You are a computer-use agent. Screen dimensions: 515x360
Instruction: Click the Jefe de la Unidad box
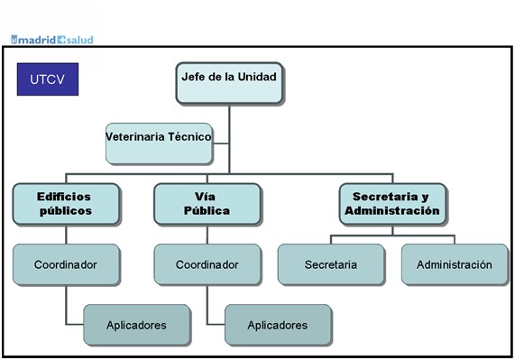click(229, 83)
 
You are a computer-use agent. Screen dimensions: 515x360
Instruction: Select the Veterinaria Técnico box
click(159, 143)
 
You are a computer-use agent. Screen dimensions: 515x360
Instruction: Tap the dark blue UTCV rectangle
click(48, 79)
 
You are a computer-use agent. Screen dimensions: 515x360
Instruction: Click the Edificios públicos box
click(66, 204)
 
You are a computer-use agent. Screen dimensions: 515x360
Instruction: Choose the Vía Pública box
click(207, 204)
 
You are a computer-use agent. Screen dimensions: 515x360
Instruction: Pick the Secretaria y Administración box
click(392, 204)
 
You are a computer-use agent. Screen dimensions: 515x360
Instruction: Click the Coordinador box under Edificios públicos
click(66, 264)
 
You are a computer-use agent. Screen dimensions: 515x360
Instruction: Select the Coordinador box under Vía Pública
click(207, 264)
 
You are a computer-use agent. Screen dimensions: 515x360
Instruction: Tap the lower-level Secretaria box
click(331, 264)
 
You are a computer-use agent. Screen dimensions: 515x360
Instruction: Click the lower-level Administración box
click(455, 264)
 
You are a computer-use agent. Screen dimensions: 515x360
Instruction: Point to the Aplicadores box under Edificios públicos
click(136, 325)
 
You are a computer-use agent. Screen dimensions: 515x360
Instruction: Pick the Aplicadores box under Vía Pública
click(278, 325)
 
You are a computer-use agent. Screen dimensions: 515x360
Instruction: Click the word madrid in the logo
click(37, 40)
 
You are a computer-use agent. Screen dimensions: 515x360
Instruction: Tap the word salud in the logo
click(79, 40)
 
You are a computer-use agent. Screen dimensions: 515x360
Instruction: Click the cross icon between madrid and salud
click(61, 40)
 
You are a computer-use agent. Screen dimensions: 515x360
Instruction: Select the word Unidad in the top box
click(257, 77)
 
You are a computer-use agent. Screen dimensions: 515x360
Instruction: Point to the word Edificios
click(64, 197)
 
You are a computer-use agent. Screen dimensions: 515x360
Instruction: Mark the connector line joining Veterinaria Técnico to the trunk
click(221, 143)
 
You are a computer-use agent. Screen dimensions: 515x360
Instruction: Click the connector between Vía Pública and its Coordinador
click(207, 235)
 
